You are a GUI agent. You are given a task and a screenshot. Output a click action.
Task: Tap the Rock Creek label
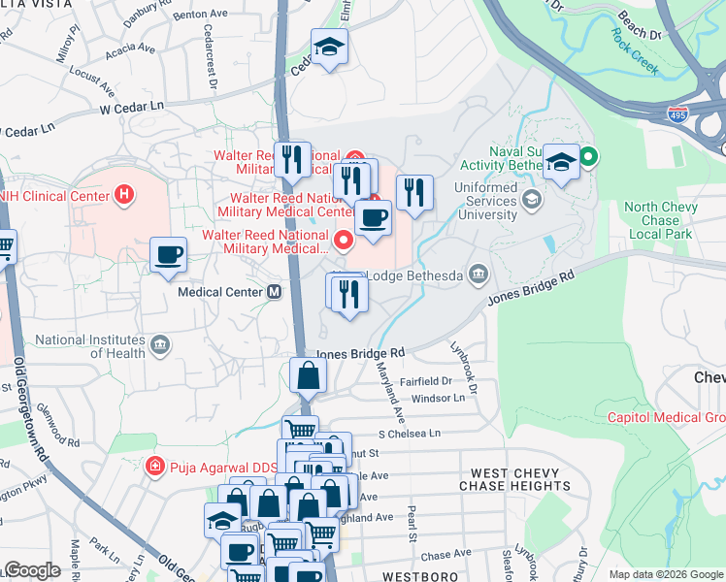click(635, 52)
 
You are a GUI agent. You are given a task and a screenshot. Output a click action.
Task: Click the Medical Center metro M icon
click(275, 291)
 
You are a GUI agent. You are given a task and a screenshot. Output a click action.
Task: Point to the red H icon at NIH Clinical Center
click(122, 195)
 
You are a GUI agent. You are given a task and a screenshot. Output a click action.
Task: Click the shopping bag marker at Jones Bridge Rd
click(307, 375)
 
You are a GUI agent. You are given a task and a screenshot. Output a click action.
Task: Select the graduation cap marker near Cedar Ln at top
click(330, 46)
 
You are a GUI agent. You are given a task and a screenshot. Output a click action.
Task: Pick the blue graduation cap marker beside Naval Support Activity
click(561, 161)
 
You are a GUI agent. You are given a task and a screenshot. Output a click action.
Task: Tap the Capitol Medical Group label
click(666, 418)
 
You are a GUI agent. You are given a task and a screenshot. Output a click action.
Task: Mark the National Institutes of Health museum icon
click(160, 344)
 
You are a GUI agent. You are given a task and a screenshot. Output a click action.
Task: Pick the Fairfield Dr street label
click(424, 381)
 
